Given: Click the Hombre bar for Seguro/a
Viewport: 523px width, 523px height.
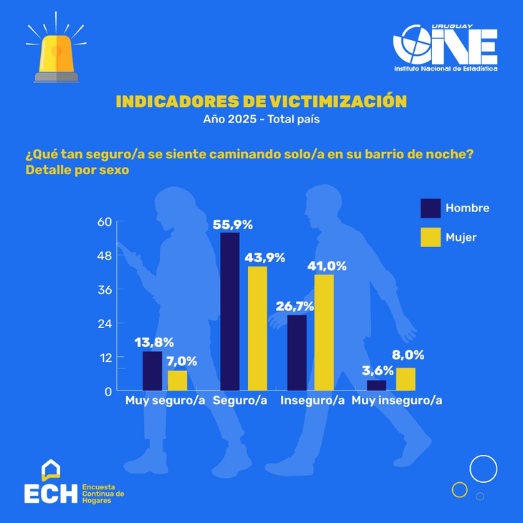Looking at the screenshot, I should (230, 311).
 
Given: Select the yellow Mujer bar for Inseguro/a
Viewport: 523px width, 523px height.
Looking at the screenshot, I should (325, 332).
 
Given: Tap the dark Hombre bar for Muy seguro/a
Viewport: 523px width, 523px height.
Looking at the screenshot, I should (153, 371).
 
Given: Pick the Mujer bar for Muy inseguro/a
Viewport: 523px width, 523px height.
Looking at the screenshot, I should (406, 379).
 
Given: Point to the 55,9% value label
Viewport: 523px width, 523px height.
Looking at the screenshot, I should (233, 225).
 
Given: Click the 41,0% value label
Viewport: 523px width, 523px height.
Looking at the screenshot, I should (327, 267).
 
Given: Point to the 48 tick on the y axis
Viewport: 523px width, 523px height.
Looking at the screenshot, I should (105, 256).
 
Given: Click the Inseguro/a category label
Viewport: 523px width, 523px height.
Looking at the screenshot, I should (312, 400).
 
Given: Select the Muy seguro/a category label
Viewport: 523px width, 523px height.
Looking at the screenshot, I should (165, 400).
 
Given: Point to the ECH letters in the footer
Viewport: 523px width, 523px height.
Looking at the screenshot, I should (50, 492).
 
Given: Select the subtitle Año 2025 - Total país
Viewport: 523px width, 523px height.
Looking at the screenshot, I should (261, 119).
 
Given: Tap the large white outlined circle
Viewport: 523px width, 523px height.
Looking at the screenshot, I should (483, 469).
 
